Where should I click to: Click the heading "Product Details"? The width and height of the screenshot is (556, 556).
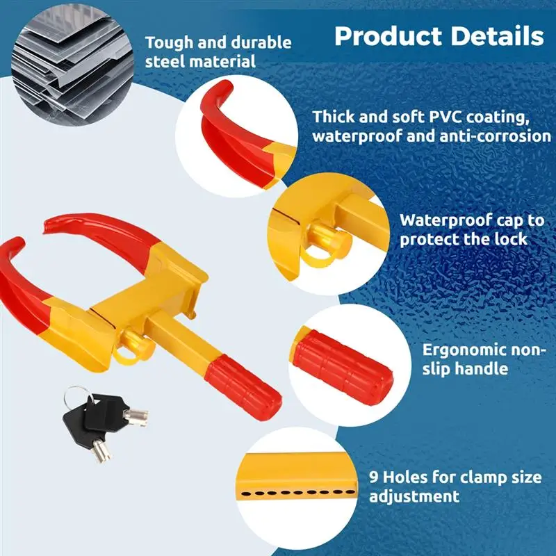coord(439,35)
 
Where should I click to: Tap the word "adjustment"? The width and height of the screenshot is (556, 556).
coord(414,496)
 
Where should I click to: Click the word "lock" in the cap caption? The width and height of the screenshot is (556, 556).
coord(512,239)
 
